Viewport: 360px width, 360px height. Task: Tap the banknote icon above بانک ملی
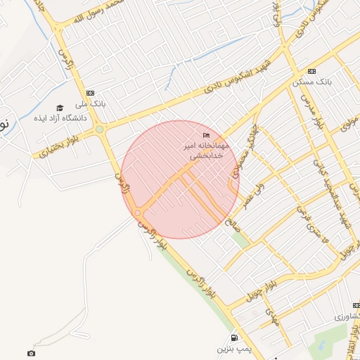click(x=90, y=93)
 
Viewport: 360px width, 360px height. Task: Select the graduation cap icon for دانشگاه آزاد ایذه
click(x=60, y=108)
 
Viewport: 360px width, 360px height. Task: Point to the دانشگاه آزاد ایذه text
click(x=60, y=118)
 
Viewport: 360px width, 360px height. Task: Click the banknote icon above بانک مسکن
click(x=311, y=71)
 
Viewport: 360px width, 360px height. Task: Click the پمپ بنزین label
click(x=233, y=349)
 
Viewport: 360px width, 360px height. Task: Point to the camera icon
click(x=30, y=353)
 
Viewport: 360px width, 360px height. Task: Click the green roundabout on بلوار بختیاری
click(x=100, y=129)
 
